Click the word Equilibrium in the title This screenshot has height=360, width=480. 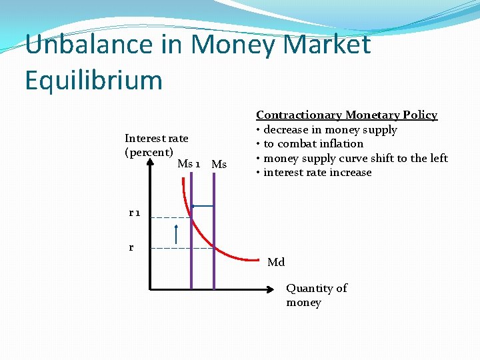(93, 80)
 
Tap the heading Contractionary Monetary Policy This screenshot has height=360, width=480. (347, 115)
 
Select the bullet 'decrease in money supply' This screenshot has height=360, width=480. (330, 130)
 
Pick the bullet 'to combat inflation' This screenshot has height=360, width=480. (313, 144)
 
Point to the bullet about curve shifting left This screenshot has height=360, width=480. (355, 158)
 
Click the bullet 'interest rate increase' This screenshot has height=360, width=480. (317, 173)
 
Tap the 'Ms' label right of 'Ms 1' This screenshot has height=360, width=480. (219, 165)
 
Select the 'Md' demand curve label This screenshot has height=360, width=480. (276, 263)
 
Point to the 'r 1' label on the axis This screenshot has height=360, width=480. (135, 213)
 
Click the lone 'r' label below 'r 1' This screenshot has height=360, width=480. (131, 247)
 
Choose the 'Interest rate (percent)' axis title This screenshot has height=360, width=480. (156, 145)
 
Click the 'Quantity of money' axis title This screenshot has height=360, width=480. (317, 295)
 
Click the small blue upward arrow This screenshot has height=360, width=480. (176, 235)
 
